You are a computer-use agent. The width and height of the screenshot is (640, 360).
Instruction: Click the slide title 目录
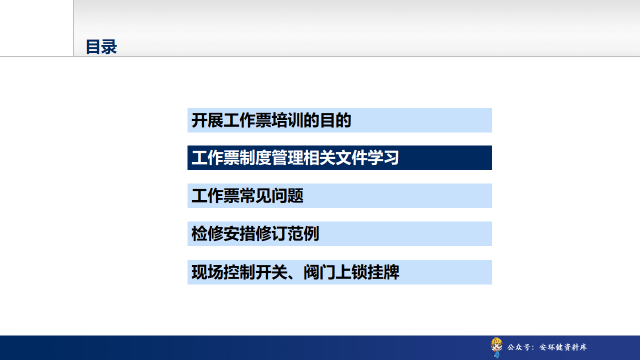click(x=101, y=47)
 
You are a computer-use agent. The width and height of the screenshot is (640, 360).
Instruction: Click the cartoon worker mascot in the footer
click(x=496, y=347)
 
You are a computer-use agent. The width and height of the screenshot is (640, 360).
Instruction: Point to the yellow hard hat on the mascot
click(x=496, y=341)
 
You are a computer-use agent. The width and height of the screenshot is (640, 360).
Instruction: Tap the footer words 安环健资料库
click(x=563, y=347)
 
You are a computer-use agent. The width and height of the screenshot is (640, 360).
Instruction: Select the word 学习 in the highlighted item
click(x=383, y=157)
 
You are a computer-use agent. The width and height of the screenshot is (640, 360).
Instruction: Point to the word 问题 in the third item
click(x=287, y=195)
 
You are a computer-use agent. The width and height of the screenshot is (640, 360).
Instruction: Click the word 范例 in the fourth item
click(x=303, y=233)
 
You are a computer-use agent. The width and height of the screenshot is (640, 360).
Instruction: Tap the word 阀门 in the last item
click(x=319, y=272)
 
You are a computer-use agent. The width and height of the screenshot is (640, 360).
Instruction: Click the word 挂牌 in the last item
click(x=383, y=272)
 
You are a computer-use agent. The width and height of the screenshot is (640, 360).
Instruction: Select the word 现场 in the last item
click(x=207, y=272)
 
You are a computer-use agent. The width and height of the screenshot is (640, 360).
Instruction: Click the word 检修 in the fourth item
click(x=207, y=233)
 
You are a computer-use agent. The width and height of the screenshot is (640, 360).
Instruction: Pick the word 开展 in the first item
click(x=207, y=120)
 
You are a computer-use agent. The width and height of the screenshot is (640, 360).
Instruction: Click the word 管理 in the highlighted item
click(x=287, y=157)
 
